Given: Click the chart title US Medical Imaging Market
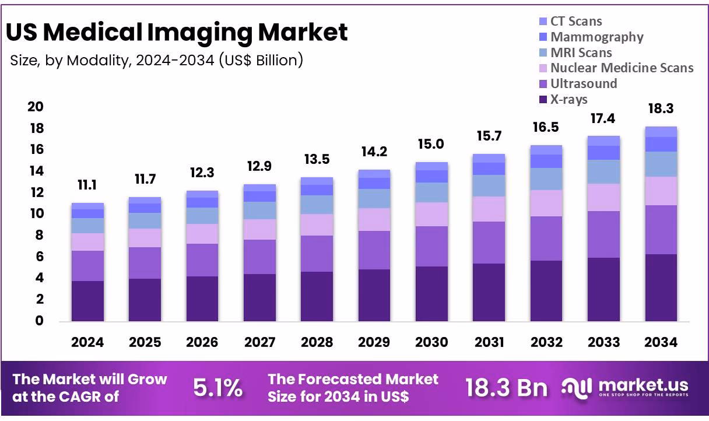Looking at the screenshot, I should click(177, 32).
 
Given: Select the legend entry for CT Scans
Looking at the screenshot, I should click(576, 22).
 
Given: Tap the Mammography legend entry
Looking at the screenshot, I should click(596, 37).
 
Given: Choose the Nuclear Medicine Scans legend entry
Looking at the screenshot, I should click(622, 68).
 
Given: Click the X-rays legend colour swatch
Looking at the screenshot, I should click(543, 100).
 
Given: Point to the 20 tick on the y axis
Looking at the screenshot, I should click(36, 107).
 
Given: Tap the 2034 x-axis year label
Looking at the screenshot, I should click(661, 342).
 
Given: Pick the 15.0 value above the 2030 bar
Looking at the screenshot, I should click(431, 145).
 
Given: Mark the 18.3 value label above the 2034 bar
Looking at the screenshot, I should click(661, 109).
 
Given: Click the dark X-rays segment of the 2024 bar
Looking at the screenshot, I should click(87, 301).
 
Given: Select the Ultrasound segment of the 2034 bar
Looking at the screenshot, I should click(661, 230).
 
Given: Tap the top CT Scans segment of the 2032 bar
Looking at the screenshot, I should click(546, 150).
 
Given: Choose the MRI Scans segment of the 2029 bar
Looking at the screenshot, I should click(374, 198).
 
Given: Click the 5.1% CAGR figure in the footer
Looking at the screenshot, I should click(217, 388).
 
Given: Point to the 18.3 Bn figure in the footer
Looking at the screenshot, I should click(506, 388).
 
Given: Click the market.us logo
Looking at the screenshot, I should click(626, 387).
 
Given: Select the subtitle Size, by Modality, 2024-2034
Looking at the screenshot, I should click(156, 60).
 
